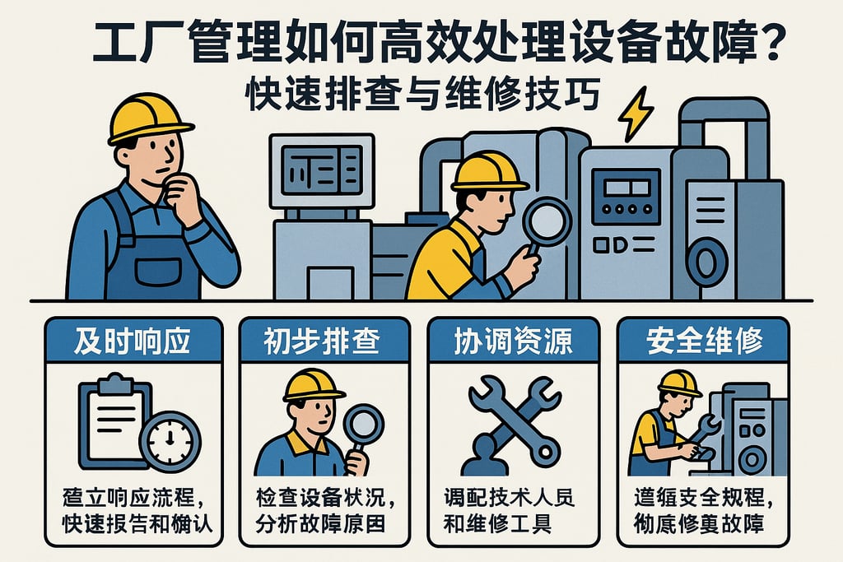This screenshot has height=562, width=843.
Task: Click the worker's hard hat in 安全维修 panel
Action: pos(679,383)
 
